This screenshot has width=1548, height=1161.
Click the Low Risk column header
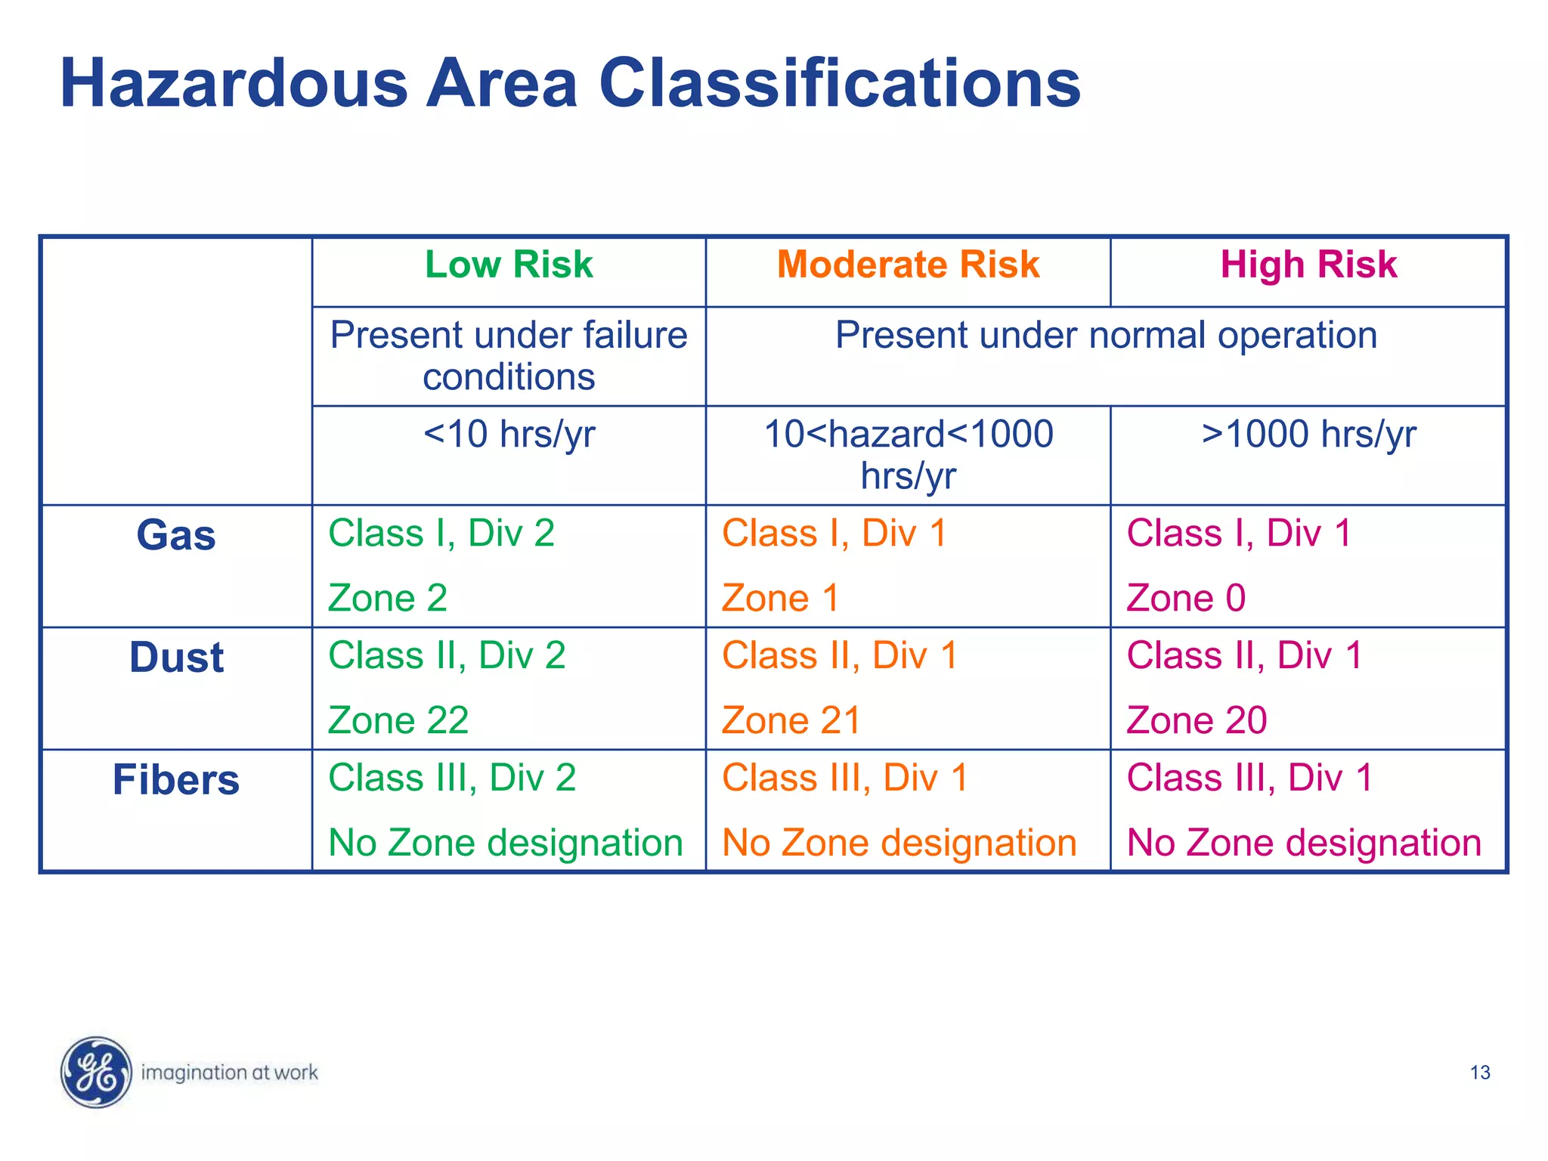(x=509, y=265)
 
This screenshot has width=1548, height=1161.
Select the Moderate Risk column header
(x=908, y=265)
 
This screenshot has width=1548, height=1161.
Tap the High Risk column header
(x=1308, y=265)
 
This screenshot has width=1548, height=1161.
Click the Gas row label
(x=176, y=535)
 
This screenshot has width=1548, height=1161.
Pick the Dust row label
(x=176, y=658)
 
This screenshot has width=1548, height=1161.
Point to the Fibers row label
(x=176, y=780)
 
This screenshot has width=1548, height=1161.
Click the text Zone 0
(x=1186, y=599)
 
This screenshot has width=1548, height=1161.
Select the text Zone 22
(x=398, y=720)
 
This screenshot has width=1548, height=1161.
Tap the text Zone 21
(x=791, y=720)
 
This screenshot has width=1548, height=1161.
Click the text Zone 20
(x=1197, y=720)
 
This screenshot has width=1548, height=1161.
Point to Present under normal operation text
(x=1106, y=335)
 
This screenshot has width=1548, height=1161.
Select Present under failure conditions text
(x=509, y=355)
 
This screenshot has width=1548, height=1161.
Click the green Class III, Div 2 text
(x=452, y=778)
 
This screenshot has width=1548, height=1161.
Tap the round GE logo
(x=96, y=1072)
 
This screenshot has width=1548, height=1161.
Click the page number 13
(x=1479, y=1073)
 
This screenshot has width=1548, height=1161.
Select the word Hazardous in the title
(x=234, y=83)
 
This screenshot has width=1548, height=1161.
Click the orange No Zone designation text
(x=899, y=843)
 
